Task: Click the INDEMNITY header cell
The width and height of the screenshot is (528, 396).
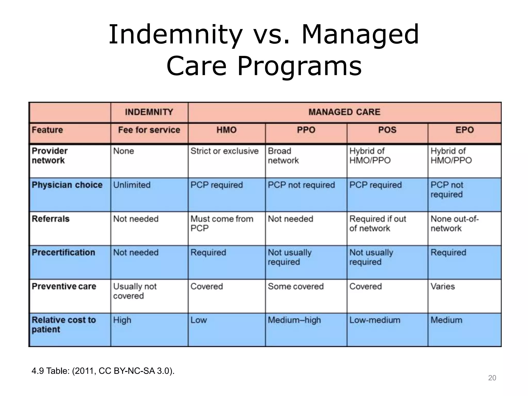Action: click(x=149, y=112)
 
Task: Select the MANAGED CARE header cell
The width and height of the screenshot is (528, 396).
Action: click(x=344, y=112)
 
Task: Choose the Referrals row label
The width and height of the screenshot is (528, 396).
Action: click(x=51, y=219)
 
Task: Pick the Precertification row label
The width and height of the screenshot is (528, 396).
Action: click(x=63, y=252)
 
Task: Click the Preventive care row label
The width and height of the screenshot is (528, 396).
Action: click(x=64, y=286)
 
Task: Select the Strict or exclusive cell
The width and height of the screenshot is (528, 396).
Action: click(x=224, y=151)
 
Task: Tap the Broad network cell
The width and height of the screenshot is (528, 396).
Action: click(x=283, y=156)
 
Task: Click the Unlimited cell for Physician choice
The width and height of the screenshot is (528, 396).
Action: click(x=132, y=185)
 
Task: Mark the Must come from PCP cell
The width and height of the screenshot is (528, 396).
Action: click(x=222, y=224)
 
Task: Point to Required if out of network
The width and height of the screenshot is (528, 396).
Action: click(x=377, y=224)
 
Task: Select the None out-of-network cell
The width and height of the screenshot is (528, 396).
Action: click(x=455, y=224)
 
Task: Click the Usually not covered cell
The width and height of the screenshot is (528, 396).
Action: click(x=135, y=291)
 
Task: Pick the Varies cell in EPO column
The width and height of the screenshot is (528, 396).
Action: click(x=443, y=286)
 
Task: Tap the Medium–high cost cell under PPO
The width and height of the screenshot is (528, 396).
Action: click(x=294, y=320)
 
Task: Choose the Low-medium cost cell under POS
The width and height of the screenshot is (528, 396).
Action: click(x=375, y=320)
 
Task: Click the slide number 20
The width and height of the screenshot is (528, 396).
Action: click(x=492, y=378)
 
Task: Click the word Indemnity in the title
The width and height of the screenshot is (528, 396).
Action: click(x=175, y=35)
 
